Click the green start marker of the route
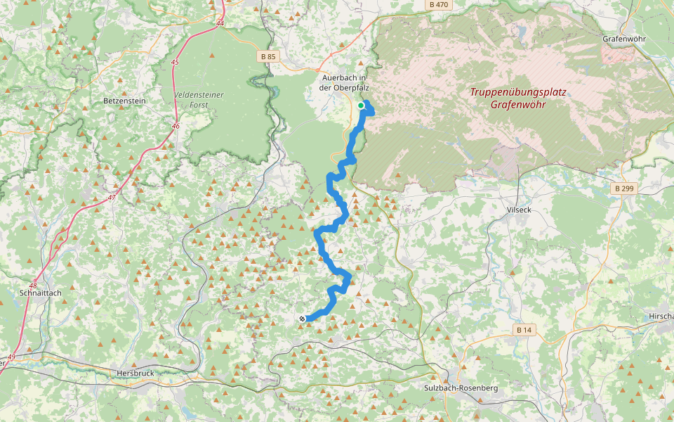tap(361, 105)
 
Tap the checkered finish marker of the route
tap(302, 319)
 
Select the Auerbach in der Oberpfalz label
tap(344, 82)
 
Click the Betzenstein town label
tap(124, 101)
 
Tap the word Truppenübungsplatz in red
tap(518, 92)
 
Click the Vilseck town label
tap(521, 210)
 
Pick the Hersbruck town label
tap(136, 373)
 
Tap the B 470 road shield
tap(437, 5)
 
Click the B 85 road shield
tap(266, 56)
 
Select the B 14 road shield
tap(523, 330)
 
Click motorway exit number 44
tap(220, 24)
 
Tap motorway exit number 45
tap(175, 63)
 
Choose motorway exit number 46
tap(175, 127)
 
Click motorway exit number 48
tap(34, 286)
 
